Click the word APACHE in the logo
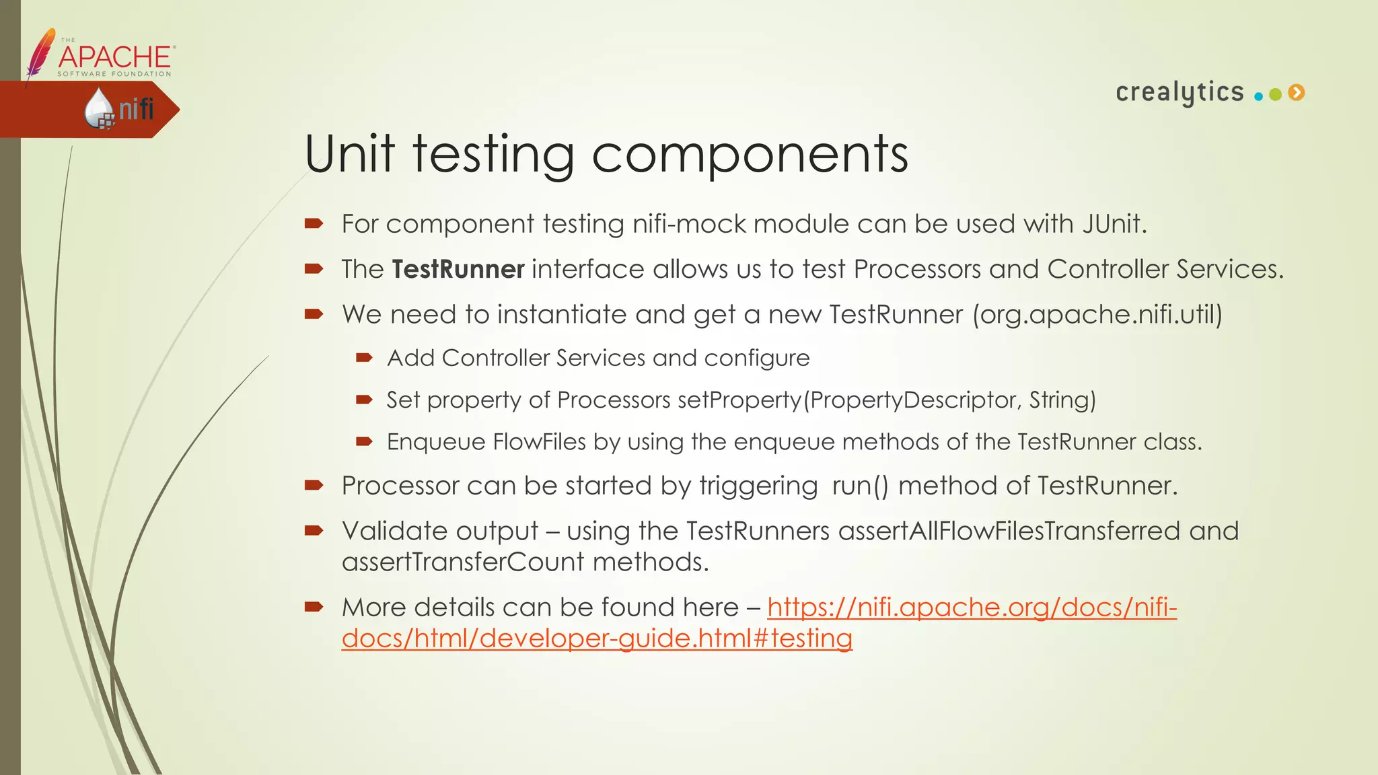115,57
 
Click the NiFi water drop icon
99,108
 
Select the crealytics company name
1180,92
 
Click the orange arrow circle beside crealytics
1297,93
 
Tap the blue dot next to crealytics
1258,96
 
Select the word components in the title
750,155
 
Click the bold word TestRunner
458,269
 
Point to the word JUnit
1114,224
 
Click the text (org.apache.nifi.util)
1097,314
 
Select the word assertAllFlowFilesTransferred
1009,531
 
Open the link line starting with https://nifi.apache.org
972,607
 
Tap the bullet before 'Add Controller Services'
364,358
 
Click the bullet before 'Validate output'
314,531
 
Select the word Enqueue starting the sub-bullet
436,442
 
